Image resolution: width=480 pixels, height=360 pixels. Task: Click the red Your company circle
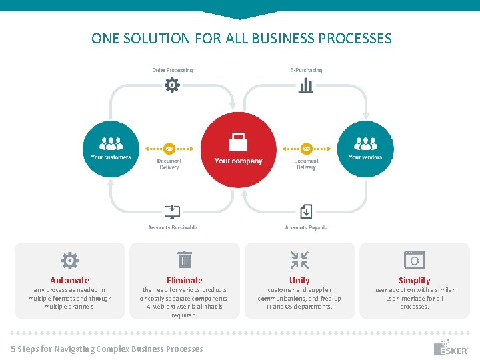[x=238, y=149]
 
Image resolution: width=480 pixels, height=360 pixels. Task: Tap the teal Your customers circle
[x=111, y=148]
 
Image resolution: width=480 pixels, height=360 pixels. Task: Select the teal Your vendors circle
[x=365, y=148]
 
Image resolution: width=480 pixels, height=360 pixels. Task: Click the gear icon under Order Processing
[x=172, y=85]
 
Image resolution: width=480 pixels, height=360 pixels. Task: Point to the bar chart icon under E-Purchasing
[x=306, y=85]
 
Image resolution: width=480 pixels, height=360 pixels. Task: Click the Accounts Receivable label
[x=172, y=228]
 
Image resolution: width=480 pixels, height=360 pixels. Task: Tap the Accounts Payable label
[x=306, y=228]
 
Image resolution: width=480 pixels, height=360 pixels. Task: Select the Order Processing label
[x=172, y=70]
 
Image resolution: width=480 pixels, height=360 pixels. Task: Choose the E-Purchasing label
[x=306, y=70]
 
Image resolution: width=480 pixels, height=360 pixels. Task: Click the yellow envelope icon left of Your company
[x=169, y=149]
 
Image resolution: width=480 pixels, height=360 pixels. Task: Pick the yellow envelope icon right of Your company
[x=306, y=149]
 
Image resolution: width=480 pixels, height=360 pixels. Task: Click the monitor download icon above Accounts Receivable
[x=172, y=212]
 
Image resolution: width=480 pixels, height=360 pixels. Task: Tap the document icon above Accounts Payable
[x=306, y=212]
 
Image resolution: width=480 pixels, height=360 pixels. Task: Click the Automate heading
[x=69, y=281]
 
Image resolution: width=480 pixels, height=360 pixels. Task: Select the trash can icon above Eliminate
[x=185, y=259]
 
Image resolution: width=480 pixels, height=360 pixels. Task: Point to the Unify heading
[x=299, y=281]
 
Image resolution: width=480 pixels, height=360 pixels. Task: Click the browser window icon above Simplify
[x=414, y=259]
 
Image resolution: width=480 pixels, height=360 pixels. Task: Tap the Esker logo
[x=451, y=348]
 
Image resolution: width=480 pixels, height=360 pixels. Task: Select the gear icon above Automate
[x=69, y=260]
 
